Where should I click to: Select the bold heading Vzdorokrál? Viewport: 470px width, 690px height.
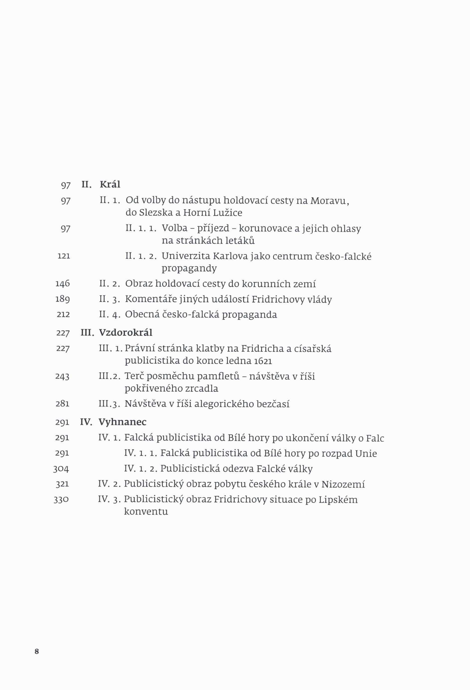tap(126, 333)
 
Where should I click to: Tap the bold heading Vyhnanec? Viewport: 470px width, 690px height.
tap(122, 422)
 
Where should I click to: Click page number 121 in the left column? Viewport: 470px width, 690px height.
tap(64, 256)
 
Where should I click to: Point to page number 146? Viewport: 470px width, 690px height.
tap(63, 284)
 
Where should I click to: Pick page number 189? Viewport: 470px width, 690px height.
tap(63, 299)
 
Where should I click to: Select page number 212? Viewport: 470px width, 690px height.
tap(63, 314)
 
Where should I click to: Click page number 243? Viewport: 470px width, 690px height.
tap(62, 377)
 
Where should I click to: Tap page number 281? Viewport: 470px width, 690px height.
tap(62, 404)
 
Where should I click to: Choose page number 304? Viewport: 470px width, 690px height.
tap(61, 469)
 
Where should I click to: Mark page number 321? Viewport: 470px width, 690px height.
tap(62, 484)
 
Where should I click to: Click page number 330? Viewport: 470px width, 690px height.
tap(61, 500)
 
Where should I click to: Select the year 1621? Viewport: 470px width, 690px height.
tap(263, 361)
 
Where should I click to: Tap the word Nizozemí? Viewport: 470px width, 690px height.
tap(343, 484)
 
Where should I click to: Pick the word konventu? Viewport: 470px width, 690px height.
tap(146, 512)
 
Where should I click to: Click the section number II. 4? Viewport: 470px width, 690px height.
tap(110, 314)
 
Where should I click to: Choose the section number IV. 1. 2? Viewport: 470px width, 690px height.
tap(140, 469)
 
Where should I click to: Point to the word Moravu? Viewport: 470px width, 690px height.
tap(328, 201)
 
